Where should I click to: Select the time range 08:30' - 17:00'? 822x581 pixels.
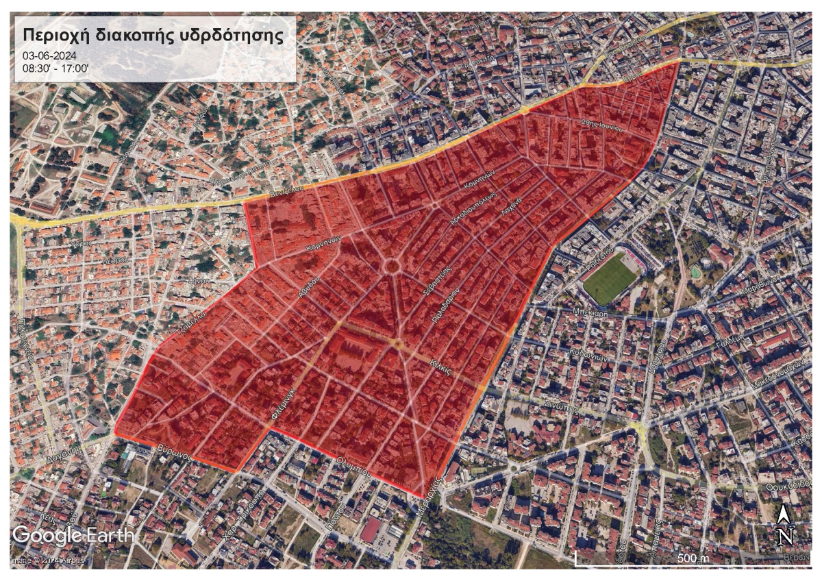pos(56,68)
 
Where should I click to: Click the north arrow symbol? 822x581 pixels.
pos(786,524)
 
